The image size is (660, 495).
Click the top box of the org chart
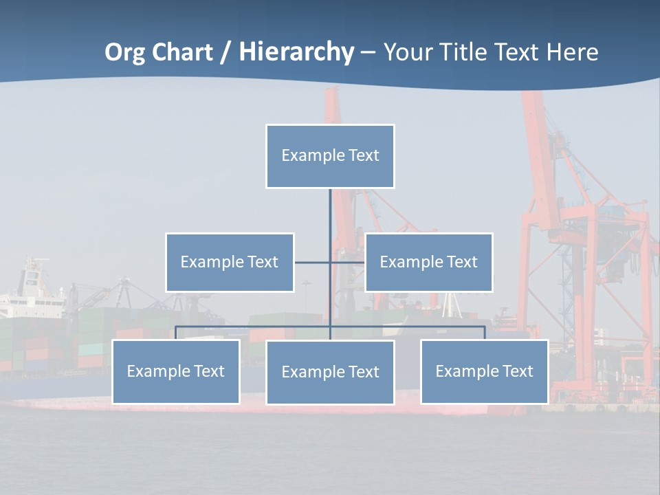tap(330, 156)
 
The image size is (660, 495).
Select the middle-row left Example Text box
tap(230, 262)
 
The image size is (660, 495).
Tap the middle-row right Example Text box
tap(429, 262)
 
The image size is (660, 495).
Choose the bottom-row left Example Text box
tap(176, 371)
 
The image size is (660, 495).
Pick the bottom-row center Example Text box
tap(330, 372)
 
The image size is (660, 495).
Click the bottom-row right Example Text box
tap(485, 371)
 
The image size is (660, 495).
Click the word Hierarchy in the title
tap(296, 52)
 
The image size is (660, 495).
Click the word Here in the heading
tap(572, 52)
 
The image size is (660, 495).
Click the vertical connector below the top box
tap(330, 213)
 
